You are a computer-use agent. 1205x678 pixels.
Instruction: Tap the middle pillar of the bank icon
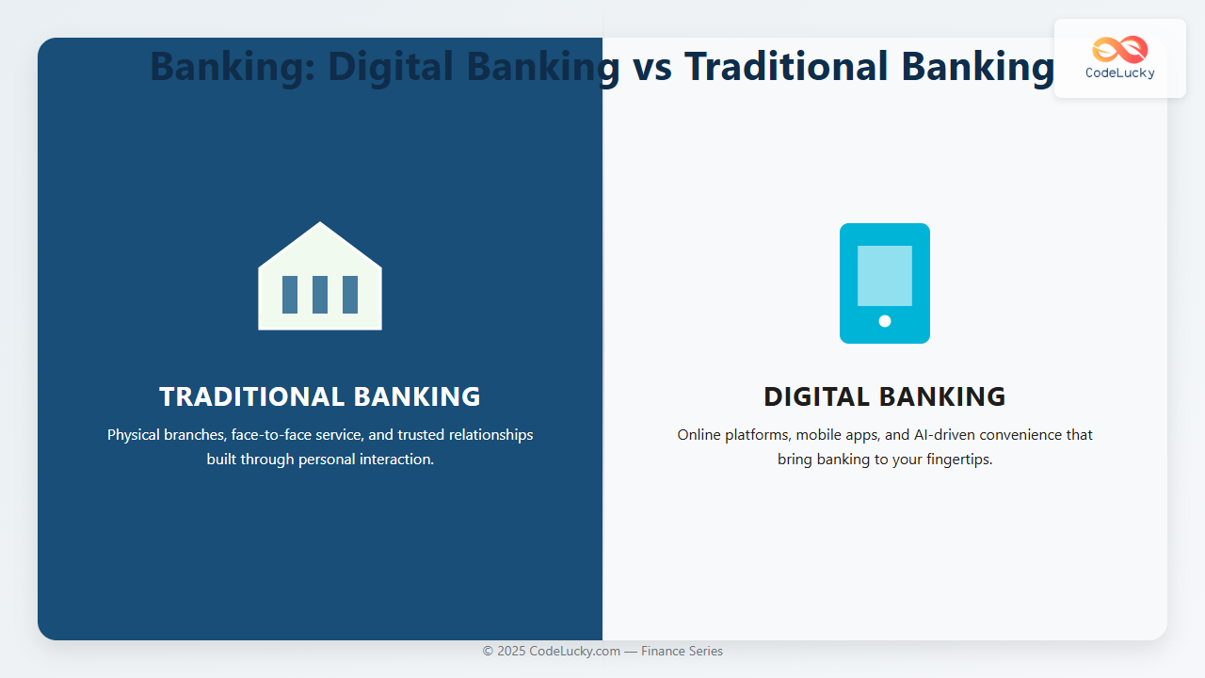(x=320, y=295)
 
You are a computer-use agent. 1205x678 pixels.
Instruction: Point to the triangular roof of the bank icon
(x=320, y=245)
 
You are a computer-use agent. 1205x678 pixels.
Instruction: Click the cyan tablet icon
(x=885, y=283)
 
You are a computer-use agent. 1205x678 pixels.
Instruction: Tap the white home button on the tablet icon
(x=885, y=321)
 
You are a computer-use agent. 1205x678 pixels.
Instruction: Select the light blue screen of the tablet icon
(x=885, y=276)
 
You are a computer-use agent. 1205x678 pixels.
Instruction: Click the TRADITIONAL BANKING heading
(x=320, y=396)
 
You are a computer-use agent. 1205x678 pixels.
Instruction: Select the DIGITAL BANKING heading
(x=885, y=396)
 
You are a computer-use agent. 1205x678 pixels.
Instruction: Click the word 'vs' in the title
(x=652, y=67)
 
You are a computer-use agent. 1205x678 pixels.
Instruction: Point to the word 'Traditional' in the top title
(x=786, y=66)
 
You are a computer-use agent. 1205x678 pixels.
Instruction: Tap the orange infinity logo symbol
(x=1120, y=50)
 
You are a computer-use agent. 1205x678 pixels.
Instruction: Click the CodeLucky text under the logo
(x=1120, y=73)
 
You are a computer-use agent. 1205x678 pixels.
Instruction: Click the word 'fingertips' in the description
(x=957, y=460)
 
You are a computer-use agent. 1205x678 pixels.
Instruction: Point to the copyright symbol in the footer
(x=488, y=651)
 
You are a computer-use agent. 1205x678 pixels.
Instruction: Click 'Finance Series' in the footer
(x=682, y=651)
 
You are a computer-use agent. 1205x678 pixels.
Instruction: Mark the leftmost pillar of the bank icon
(x=290, y=295)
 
